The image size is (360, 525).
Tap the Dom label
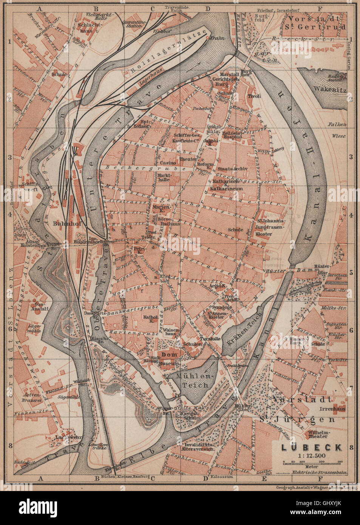[x=168, y=355]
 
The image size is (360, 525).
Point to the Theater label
[x=188, y=159]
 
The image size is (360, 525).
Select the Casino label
[x=169, y=162]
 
